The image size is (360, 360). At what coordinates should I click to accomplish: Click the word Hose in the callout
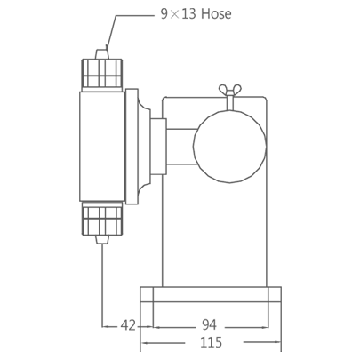[x=216, y=13]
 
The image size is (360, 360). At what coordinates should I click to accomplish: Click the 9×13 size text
[x=179, y=13]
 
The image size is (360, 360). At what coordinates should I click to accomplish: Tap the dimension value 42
[x=128, y=325]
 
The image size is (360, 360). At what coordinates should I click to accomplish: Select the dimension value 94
[x=210, y=324]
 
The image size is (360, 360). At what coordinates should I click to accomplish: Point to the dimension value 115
[x=212, y=342]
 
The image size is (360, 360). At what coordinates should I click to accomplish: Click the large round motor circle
[x=230, y=146]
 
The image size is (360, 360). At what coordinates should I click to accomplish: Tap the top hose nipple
[x=102, y=53]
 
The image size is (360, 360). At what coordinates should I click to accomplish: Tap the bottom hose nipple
[x=102, y=239]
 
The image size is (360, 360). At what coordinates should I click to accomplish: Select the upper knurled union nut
[x=102, y=73]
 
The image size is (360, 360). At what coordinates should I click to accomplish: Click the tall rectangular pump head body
[x=102, y=147]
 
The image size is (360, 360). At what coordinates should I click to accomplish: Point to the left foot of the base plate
[x=147, y=294]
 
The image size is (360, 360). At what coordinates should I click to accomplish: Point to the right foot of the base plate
[x=275, y=294]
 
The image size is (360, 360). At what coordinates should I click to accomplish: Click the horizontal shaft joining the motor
[x=181, y=146]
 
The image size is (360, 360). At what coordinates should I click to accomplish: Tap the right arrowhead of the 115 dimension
[x=278, y=343]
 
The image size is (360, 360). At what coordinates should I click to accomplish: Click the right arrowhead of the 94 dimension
[x=265, y=327]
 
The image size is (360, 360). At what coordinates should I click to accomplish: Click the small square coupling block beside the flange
[x=158, y=147]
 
